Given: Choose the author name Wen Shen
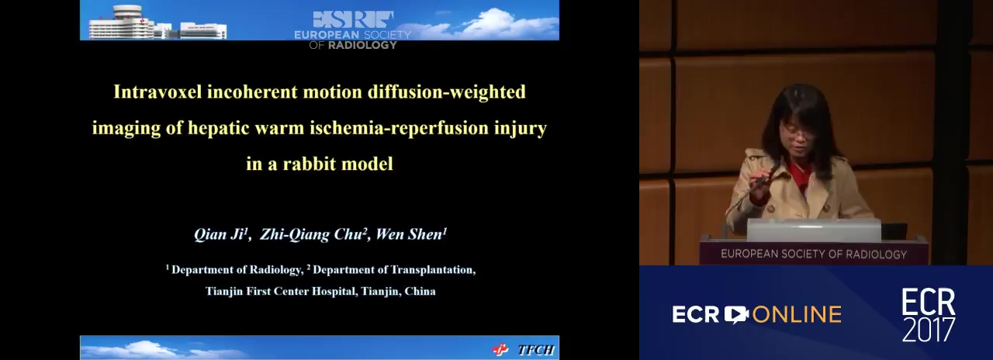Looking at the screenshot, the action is [411, 234].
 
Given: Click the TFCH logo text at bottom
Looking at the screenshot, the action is [536, 350].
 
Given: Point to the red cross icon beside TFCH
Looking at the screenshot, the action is [501, 350].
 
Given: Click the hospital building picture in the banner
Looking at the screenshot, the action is [157, 22].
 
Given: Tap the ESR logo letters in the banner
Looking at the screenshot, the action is [353, 19].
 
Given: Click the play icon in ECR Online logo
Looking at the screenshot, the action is [736, 315].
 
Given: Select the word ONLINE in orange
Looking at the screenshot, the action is [797, 315].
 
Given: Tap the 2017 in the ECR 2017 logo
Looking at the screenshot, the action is [929, 329].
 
